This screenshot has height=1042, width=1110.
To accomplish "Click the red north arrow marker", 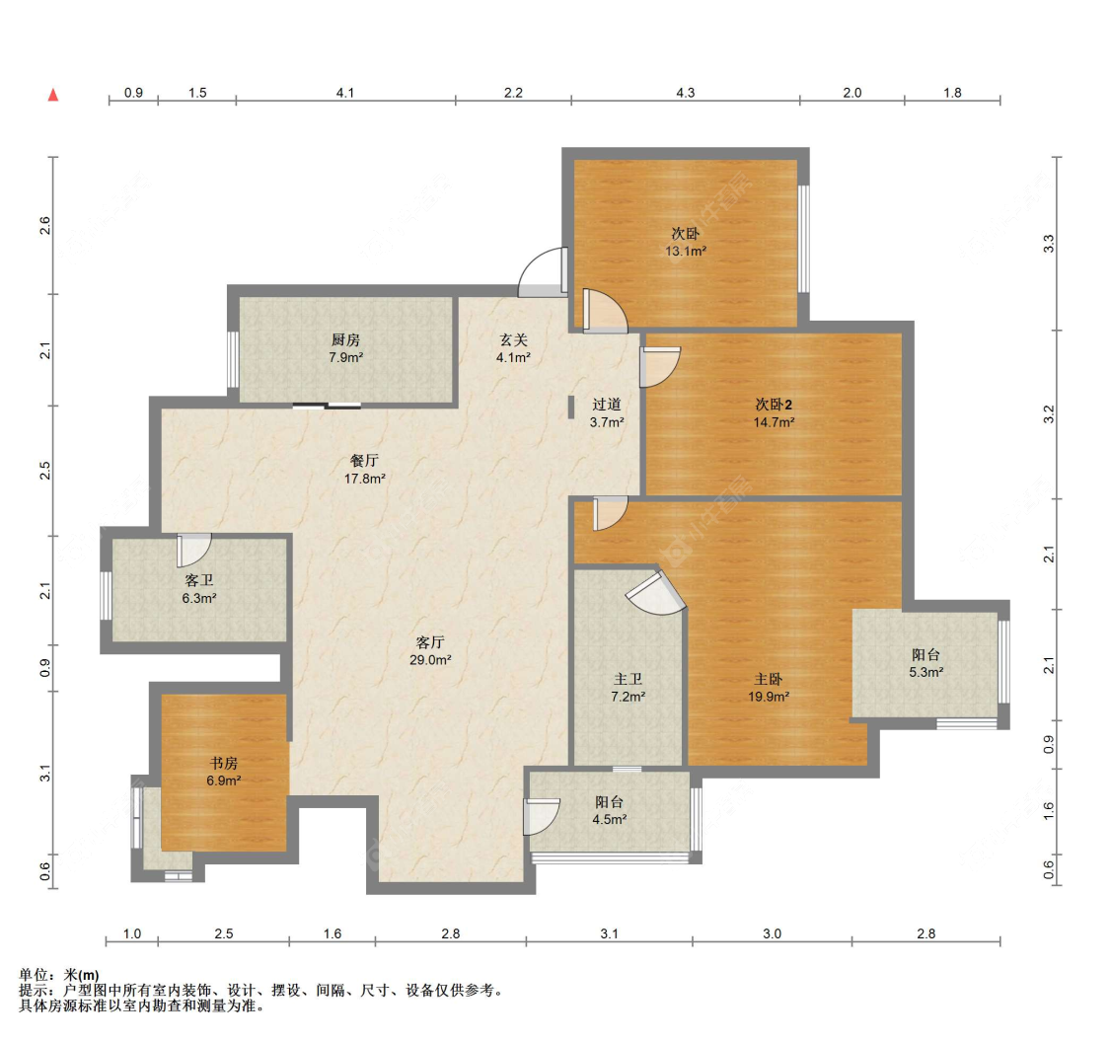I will pos(53,96).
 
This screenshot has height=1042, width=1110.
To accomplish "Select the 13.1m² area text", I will pos(685,252).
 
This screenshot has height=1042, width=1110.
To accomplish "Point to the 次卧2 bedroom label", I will pos(774,405).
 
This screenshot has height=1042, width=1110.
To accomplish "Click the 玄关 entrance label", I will pos(513,340).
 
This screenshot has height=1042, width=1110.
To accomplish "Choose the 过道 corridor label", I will pos(607,405).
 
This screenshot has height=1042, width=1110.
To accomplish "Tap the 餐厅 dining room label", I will pos(365,461).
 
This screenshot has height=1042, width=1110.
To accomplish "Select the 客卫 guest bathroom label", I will pos(199,580).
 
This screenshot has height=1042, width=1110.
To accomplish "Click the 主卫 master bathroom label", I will pos(629,679).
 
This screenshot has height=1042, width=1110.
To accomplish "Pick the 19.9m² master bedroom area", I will pos(769,697).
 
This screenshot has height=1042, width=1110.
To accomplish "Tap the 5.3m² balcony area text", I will pos(925,672).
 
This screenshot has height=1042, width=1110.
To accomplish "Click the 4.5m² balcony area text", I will pos(608,819).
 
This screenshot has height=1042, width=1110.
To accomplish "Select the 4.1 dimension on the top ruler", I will pos(344,93).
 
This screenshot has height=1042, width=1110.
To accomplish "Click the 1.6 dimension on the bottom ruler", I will pos(332,933).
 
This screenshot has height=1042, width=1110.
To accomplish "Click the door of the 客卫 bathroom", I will pos(194,548).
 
